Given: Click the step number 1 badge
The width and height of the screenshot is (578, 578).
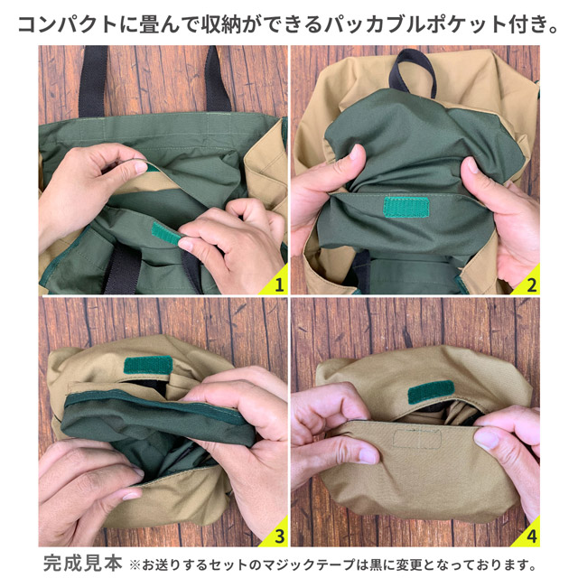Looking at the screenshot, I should click(x=279, y=284).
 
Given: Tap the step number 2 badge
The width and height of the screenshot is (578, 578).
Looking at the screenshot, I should click(x=532, y=284).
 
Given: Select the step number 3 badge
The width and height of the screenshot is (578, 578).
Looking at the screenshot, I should click(x=279, y=536).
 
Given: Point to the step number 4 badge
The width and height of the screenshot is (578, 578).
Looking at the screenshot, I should click(x=532, y=536).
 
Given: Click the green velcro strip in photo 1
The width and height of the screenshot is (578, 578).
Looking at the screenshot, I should click(x=165, y=235).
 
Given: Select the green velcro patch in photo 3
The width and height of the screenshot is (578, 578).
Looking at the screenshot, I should click(x=148, y=366).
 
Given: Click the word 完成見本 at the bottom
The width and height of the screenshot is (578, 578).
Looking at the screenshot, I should click(x=82, y=562).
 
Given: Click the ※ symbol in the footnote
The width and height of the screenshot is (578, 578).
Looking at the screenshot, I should click(x=135, y=563).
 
